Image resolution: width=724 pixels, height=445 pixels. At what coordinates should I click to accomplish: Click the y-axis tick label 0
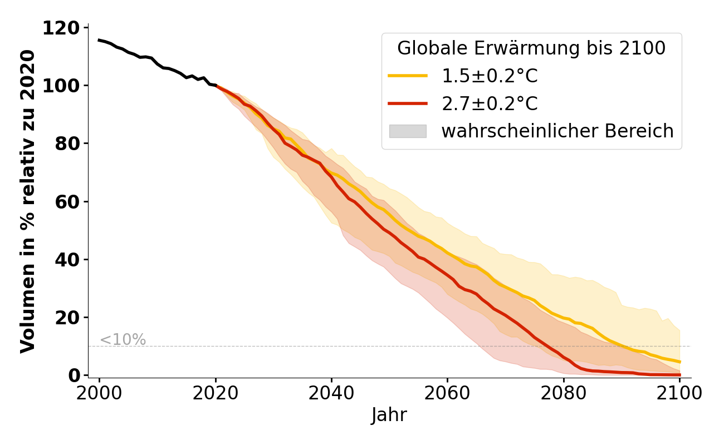[75, 375]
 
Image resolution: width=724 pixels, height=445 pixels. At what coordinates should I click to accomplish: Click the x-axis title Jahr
[389, 415]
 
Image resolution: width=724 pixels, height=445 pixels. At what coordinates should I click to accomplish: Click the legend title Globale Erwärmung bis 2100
[531, 48]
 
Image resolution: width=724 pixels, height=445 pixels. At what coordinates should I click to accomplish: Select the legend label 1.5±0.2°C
[490, 76]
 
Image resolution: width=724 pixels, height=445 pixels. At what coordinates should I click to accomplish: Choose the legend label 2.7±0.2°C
[490, 103]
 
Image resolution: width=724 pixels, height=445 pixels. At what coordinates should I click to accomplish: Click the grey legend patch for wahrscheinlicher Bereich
[408, 131]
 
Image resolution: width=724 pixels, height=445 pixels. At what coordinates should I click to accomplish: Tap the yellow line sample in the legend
[408, 76]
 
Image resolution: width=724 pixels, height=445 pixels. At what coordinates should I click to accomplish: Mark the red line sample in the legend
[408, 103]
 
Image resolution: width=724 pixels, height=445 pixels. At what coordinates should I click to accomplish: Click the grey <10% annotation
[123, 339]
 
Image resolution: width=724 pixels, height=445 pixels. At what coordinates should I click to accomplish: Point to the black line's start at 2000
[100, 40]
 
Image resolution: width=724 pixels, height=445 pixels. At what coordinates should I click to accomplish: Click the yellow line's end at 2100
[679, 362]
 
